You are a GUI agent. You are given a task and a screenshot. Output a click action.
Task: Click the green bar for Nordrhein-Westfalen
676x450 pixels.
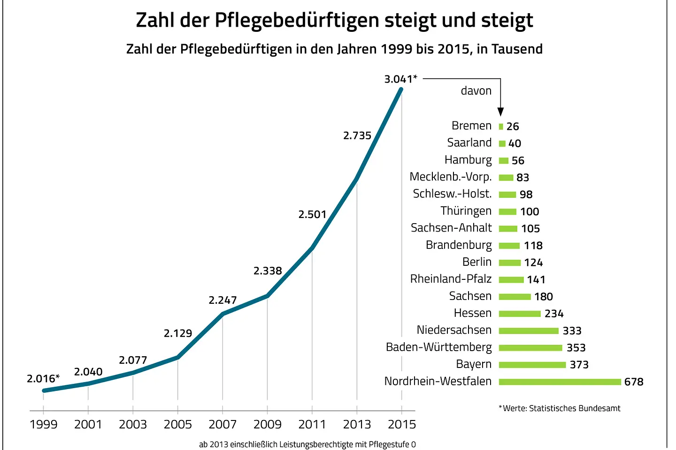(560, 382)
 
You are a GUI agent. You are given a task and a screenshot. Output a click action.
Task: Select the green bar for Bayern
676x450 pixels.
(532, 365)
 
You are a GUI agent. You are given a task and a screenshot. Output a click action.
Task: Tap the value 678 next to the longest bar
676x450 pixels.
(634, 382)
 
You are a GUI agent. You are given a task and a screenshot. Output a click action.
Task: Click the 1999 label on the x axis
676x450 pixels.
(43, 424)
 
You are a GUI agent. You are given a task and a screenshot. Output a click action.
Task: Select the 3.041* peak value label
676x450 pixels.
(400, 79)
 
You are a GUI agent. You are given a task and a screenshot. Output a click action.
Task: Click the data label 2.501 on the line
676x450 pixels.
(312, 214)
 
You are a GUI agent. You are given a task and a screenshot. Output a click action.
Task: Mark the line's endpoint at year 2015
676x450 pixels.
(401, 89)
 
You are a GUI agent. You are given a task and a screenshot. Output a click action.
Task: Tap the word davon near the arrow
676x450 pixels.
(476, 91)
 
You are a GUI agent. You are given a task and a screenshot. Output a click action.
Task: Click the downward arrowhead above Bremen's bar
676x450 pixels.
(500, 112)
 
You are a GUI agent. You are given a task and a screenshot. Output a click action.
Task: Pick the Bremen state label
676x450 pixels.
(471, 126)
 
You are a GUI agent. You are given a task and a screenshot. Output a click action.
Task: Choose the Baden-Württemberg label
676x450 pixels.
(438, 347)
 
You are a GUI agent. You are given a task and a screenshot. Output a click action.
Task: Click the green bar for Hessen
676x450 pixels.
(520, 314)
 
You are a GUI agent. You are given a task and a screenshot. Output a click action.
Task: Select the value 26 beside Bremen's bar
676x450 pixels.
(513, 127)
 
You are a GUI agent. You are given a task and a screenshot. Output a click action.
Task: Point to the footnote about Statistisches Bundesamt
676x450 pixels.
(560, 408)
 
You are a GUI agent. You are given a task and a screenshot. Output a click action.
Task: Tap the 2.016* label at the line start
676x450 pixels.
(43, 378)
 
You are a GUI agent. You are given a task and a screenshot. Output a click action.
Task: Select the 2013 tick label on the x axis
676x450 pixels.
(357, 424)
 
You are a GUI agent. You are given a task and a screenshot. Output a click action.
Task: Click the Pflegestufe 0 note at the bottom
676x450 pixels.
(307, 444)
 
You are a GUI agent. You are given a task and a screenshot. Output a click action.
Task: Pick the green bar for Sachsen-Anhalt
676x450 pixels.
(508, 229)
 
